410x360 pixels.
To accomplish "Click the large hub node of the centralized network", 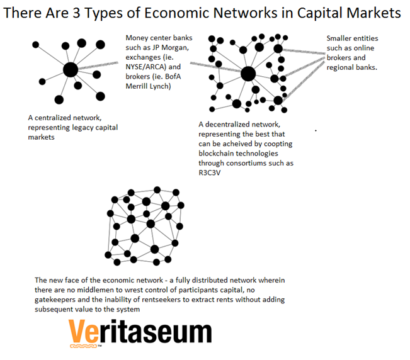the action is pyautogui.click(x=71, y=69).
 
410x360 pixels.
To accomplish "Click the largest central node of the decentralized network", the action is pyautogui.click(x=248, y=74).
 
